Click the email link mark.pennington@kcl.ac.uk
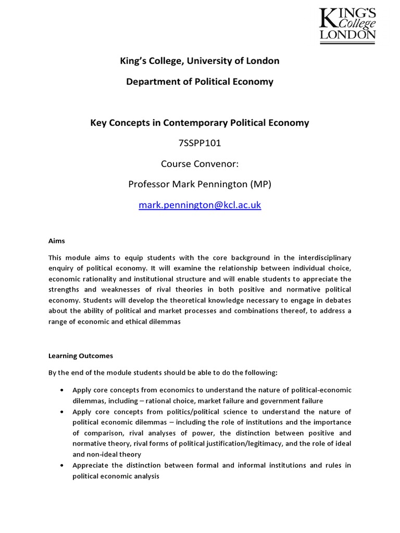[199, 205]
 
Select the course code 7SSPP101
[199, 144]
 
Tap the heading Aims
[57, 241]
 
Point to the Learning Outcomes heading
[80, 356]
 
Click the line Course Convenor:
[199, 164]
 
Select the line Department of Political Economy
[199, 82]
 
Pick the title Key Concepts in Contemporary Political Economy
[199, 123]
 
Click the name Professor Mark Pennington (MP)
[199, 185]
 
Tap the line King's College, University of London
[199, 61]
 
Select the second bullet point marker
[63, 412]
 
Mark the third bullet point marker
[63, 465]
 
